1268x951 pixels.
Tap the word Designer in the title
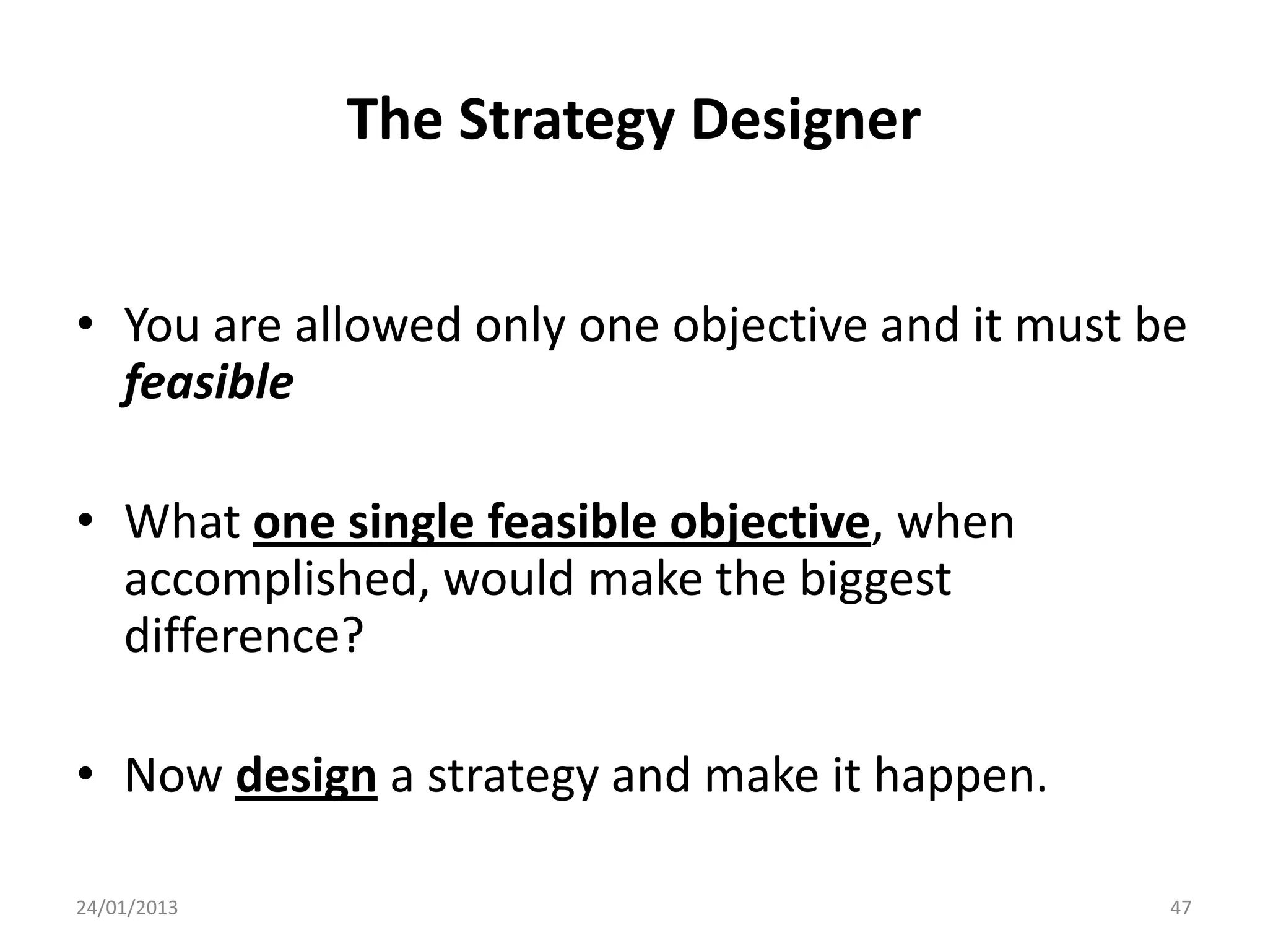[805, 121]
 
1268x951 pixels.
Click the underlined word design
[306, 776]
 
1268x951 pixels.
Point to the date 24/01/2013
[127, 908]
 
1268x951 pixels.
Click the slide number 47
[1180, 908]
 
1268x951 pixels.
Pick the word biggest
[875, 580]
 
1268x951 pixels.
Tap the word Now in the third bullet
[173, 776]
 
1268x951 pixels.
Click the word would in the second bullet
[509, 580]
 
